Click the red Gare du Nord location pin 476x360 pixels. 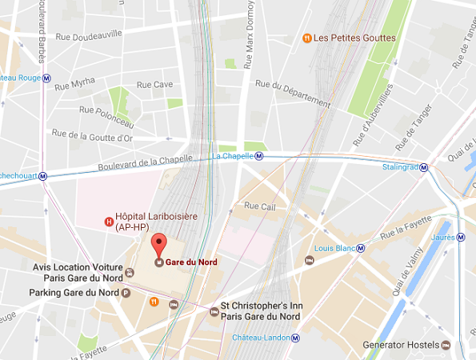pyautogui.click(x=158, y=244)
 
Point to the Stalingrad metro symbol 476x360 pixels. pyautogui.click(x=424, y=168)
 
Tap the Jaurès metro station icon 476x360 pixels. pyautogui.click(x=462, y=237)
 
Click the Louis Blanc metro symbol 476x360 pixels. pyautogui.click(x=360, y=248)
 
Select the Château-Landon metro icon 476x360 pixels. pyautogui.click(x=295, y=338)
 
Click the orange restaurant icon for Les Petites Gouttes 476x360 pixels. pyautogui.click(x=306, y=38)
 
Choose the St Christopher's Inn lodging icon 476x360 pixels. pyautogui.click(x=213, y=311)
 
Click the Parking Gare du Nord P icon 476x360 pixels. pyautogui.click(x=125, y=293)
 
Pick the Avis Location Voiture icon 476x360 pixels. pyautogui.click(x=130, y=272)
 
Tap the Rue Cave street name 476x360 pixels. pyautogui.click(x=154, y=84)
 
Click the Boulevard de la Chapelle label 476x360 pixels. pyautogui.click(x=145, y=162)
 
